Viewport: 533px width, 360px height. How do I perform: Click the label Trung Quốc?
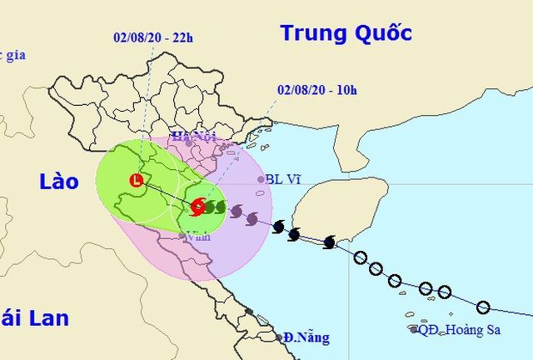point(346,33)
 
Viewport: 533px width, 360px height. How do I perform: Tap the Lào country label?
point(58,182)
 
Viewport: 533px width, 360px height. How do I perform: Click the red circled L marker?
point(136,179)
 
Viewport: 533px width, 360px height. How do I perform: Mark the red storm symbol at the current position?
point(198,207)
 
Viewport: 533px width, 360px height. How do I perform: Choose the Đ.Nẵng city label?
point(306,338)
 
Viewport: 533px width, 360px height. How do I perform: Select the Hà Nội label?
point(188,136)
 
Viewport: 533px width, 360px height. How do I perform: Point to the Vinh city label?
point(198,237)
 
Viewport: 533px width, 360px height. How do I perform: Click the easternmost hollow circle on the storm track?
point(483,307)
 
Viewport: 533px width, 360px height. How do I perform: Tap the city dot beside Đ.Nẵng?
point(280,337)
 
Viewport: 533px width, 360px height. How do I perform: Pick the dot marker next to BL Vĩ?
point(260,178)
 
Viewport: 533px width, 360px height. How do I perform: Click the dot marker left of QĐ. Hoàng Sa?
point(414,330)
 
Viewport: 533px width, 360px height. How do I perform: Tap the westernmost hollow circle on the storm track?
point(360,257)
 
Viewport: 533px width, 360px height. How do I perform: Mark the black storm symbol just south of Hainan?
point(329,242)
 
